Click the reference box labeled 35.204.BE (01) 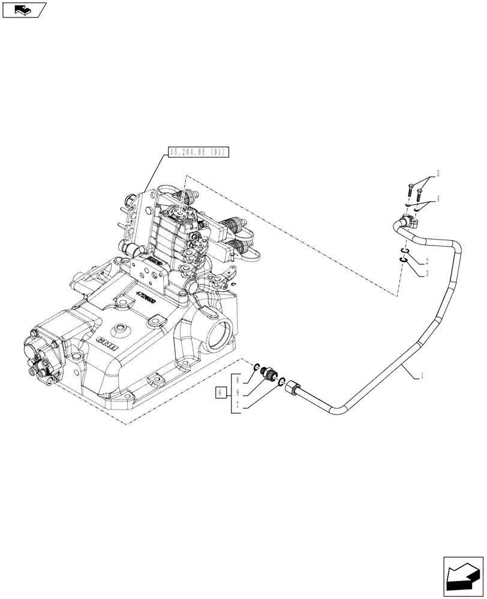(x=196, y=152)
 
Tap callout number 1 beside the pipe (x=423, y=376)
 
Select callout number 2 (x=427, y=261)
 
